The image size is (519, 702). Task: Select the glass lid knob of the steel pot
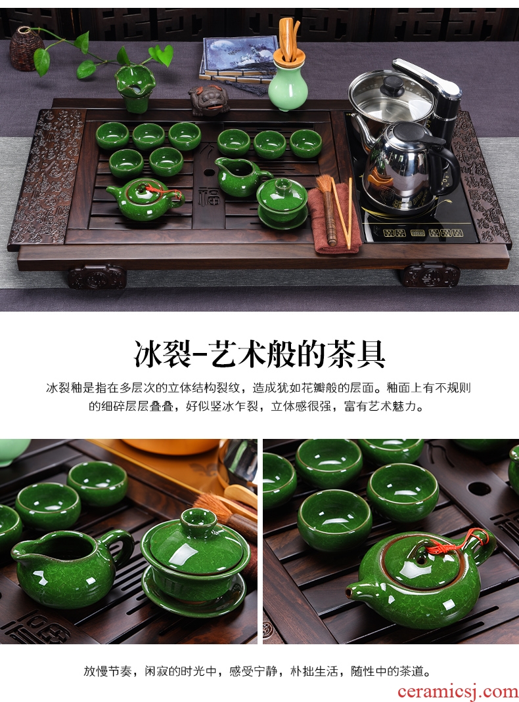pyautogui.click(x=393, y=83)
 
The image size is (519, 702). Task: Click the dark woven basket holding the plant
pyautogui.click(x=26, y=49)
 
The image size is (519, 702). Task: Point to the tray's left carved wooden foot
pyautogui.click(x=97, y=276)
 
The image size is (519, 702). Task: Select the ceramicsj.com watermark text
pyautogui.click(x=458, y=692)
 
